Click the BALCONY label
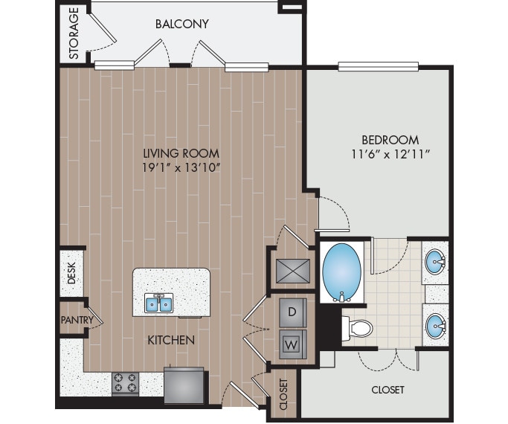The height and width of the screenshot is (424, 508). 181,24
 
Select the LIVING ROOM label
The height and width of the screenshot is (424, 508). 181,152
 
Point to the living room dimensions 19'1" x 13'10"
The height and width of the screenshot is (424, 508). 181,167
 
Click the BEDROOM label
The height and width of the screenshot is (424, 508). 390,139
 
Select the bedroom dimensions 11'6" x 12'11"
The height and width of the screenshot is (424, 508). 390,154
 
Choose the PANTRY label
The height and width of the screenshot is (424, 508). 77,321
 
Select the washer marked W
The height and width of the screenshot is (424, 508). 292,344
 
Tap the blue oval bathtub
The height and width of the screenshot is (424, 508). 342,269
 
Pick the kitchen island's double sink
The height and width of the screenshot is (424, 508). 159,304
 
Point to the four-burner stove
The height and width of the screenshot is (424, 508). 125,382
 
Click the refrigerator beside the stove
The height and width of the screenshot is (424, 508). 183,384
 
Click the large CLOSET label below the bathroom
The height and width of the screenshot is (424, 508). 388,390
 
